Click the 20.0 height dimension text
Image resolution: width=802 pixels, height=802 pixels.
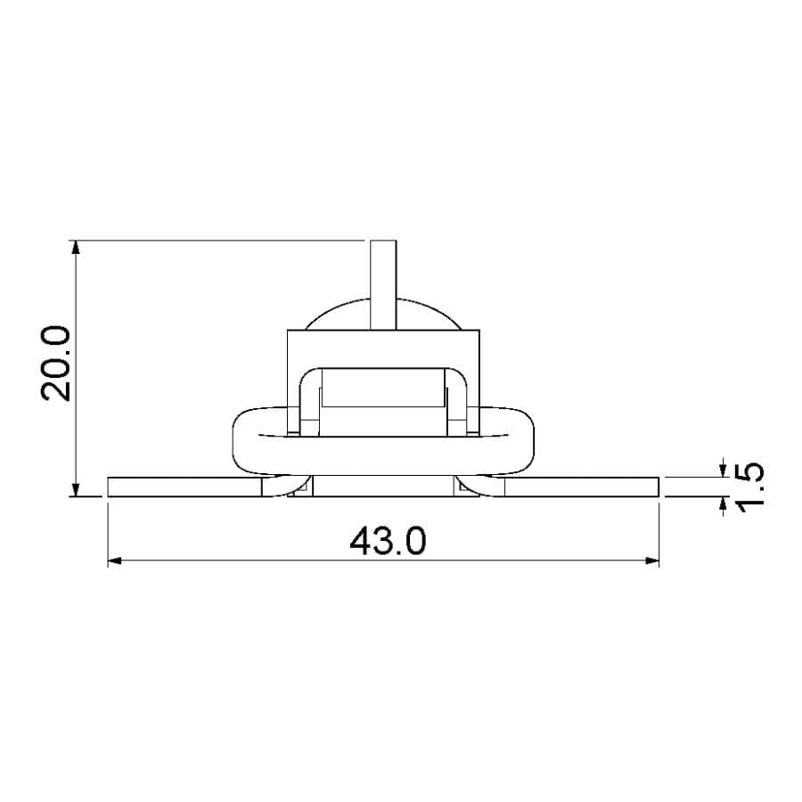[x=55, y=364]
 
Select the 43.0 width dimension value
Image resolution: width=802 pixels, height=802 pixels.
[x=388, y=541]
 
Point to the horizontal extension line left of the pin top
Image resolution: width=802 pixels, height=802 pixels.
[x=223, y=240]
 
